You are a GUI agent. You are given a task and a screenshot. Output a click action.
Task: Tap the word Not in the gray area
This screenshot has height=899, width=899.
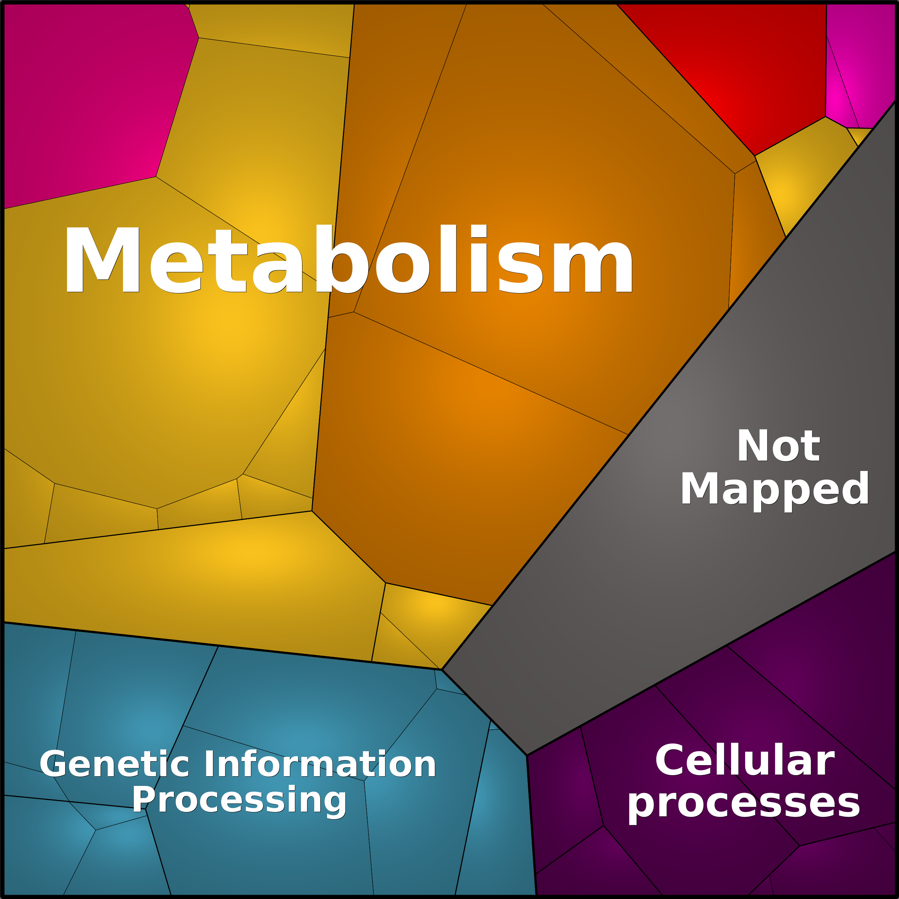pyautogui.click(x=778, y=446)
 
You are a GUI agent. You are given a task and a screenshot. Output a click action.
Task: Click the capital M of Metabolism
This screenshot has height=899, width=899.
pyautogui.click(x=102, y=259)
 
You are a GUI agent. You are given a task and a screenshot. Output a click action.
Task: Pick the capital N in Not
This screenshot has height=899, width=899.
pyautogui.click(x=753, y=446)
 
